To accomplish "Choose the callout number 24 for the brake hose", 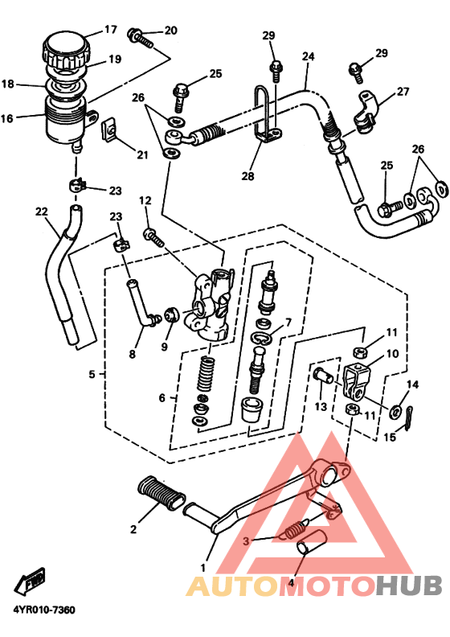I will [x=308, y=57].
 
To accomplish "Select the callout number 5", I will [x=92, y=374].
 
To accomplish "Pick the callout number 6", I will [x=162, y=397].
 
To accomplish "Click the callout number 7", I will [x=288, y=322].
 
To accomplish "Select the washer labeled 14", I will [x=397, y=411].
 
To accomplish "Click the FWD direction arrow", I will [x=32, y=581].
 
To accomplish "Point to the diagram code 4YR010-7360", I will [x=43, y=610].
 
